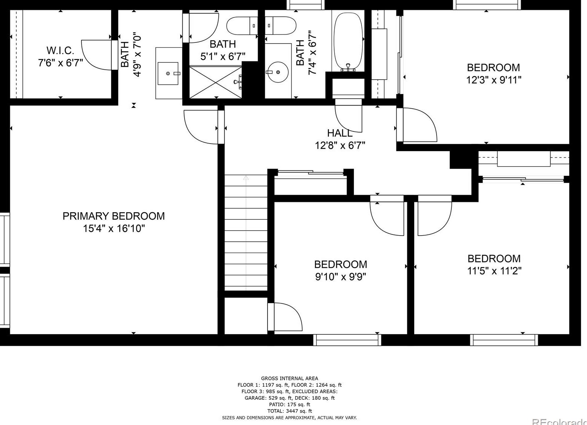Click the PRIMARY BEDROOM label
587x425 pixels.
[113, 216]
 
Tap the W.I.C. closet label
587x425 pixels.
[60, 50]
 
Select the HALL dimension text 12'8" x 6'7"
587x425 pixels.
[340, 145]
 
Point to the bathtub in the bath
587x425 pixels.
[348, 42]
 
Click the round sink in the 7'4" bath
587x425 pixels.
[278, 72]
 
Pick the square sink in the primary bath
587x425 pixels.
[168, 73]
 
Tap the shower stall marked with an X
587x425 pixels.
[215, 83]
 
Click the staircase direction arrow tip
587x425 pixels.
[246, 177]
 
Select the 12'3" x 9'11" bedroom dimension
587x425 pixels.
[493, 80]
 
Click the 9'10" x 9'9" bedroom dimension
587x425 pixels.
[340, 277]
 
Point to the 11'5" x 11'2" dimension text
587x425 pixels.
[494, 271]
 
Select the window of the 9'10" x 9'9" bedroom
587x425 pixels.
[347, 340]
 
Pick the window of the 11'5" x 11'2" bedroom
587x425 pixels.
[504, 340]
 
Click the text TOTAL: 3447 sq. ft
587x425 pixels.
[290, 411]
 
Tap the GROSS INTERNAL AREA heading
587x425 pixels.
[290, 378]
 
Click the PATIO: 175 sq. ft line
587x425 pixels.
[290, 404]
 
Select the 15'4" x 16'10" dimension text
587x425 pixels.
[114, 229]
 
